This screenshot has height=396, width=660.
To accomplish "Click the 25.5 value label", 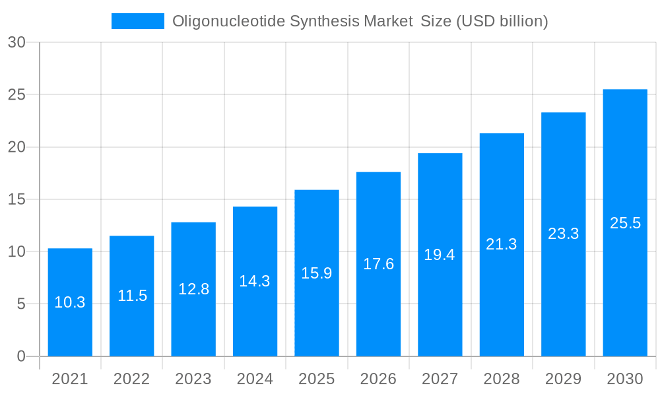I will point(625,223).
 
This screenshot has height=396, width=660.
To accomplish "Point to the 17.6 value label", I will point(378,264).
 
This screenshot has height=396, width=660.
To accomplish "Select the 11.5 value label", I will point(132,296).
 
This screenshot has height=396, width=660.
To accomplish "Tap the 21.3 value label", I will point(502,244).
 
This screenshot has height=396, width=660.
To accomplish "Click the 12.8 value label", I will point(193,289).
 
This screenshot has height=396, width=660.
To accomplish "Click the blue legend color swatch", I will point(137,21).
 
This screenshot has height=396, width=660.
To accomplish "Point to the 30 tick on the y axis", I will point(16,42).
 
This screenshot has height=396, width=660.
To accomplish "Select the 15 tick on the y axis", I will point(16,199).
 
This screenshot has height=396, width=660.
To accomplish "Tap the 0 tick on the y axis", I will point(20,356).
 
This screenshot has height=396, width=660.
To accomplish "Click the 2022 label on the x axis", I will point(132,379).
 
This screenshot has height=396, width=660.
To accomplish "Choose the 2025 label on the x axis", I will point(317,379).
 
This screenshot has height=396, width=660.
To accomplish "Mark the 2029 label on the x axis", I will point(563,379).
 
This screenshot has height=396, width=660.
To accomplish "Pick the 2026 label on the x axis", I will point(378,379).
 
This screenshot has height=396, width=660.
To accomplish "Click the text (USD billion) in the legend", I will point(502,21).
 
